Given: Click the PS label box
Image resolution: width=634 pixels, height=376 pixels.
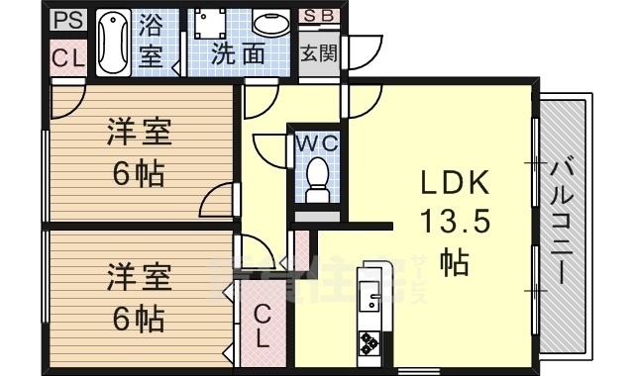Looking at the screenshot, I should click(68, 19).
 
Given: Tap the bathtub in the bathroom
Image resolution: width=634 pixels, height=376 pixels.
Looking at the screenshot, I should click(111, 44).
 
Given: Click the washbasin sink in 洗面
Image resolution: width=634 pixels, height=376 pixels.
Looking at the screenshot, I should click(267, 24).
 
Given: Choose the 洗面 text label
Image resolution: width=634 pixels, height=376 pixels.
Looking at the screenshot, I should click(239, 54).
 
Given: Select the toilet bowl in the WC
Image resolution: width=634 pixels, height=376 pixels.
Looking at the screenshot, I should click(318, 178).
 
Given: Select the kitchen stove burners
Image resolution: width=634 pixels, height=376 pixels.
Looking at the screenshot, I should click(370, 342).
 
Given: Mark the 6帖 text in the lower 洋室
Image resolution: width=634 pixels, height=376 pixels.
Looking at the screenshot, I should click(138, 319).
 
